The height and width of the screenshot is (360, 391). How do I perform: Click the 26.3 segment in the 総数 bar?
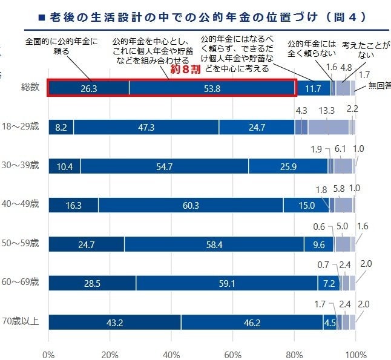click(88, 88)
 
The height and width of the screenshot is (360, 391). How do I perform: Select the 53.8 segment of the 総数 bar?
click(212, 88)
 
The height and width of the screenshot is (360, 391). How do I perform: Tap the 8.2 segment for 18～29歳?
click(61, 127)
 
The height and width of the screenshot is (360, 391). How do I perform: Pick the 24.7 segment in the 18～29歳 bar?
click(257, 127)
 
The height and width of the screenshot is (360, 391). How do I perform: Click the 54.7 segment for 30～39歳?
click(164, 166)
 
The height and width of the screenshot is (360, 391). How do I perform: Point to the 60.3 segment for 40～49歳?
click(191, 205)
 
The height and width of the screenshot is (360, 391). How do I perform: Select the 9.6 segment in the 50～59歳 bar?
click(318, 244)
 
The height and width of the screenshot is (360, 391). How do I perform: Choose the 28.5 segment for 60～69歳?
click(92, 283)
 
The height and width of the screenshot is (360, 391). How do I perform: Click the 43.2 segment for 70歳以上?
click(114, 322)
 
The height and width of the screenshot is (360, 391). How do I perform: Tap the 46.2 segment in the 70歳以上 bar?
click(252, 322)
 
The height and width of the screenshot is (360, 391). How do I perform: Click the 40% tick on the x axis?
click(171, 353)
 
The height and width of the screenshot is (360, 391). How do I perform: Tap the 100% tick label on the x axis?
click(355, 353)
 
